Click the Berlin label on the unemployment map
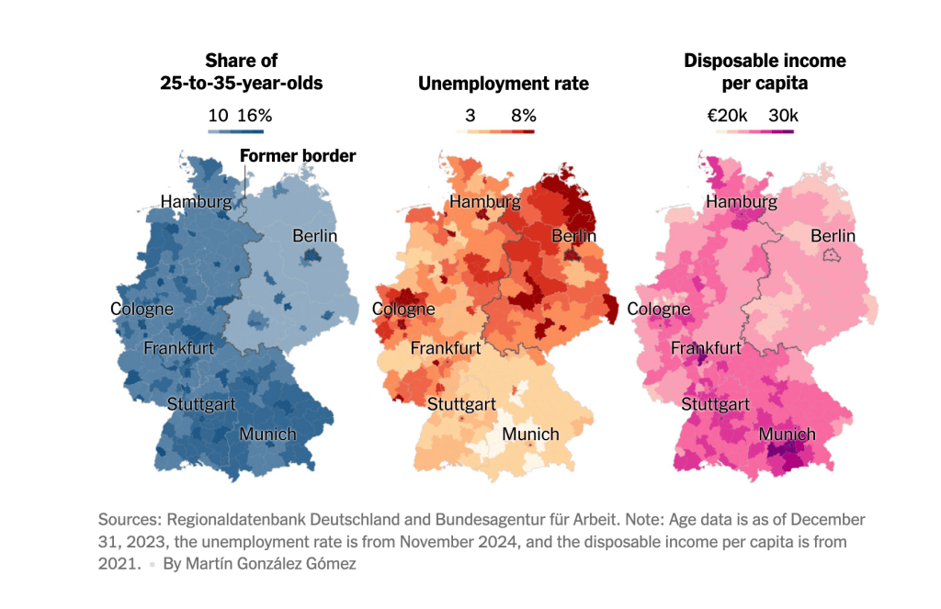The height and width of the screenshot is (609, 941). [x=574, y=236]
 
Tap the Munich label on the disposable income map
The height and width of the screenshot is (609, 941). [x=787, y=434]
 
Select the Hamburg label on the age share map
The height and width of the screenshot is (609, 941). [x=196, y=201]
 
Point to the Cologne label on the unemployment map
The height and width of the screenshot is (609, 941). [x=403, y=310]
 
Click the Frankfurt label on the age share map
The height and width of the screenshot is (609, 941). [x=178, y=348]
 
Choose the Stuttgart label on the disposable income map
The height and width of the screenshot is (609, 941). [x=716, y=404]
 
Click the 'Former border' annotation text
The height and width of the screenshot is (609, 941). [x=297, y=155]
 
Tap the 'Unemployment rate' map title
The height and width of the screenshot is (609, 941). [x=504, y=84]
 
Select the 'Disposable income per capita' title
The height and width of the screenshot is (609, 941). [x=765, y=72]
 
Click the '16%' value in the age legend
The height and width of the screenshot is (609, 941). [x=255, y=116]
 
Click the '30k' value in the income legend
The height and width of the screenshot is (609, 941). [x=783, y=116]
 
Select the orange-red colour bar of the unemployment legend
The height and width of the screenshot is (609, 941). [x=495, y=131]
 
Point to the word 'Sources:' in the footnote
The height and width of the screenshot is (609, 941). [x=130, y=519]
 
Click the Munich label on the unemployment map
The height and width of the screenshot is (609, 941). [x=531, y=434]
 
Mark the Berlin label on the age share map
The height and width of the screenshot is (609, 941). [x=315, y=236]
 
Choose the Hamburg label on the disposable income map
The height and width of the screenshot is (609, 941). [x=742, y=201]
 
